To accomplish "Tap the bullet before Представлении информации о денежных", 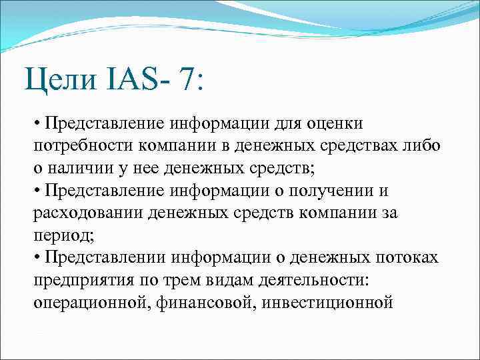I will [36, 258].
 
